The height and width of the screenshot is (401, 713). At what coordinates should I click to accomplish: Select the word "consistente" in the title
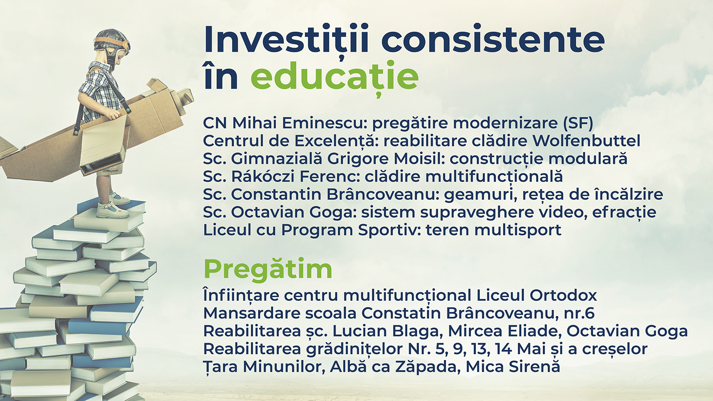pos(493,39)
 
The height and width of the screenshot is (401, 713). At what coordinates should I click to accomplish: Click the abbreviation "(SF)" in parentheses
pos(578,123)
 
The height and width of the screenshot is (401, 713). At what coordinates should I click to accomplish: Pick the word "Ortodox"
pos(563,295)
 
